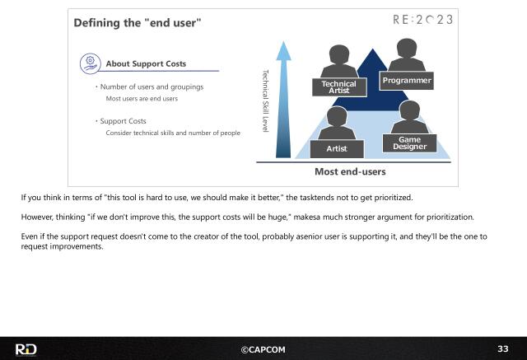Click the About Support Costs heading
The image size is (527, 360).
(146, 63)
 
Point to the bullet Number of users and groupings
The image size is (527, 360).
(152, 86)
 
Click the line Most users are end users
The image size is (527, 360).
(142, 99)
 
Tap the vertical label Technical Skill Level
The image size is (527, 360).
(265, 101)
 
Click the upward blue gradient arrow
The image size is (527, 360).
(284, 99)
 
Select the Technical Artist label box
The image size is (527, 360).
(338, 86)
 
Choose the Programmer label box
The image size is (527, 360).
(407, 80)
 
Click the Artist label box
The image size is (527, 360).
(336, 148)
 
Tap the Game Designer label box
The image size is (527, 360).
(409, 143)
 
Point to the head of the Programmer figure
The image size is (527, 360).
(406, 50)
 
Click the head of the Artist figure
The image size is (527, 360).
(335, 116)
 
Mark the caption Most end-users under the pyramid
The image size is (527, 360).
(350, 172)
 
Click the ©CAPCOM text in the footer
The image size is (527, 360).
(263, 349)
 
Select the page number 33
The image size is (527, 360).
(502, 349)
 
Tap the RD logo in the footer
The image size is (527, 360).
(26, 349)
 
